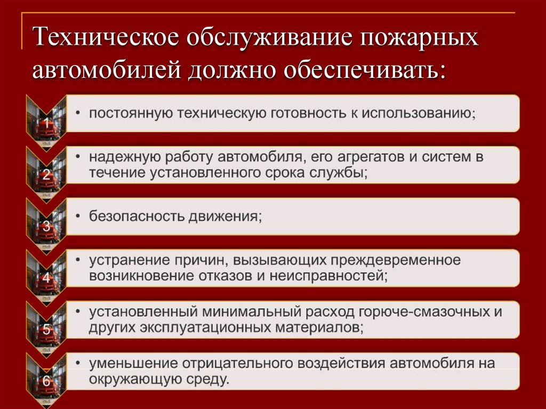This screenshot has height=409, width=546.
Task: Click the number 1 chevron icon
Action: [x=46, y=123]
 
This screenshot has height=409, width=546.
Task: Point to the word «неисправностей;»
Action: [x=328, y=276]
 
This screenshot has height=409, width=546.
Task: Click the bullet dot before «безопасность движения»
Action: [x=78, y=216]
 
